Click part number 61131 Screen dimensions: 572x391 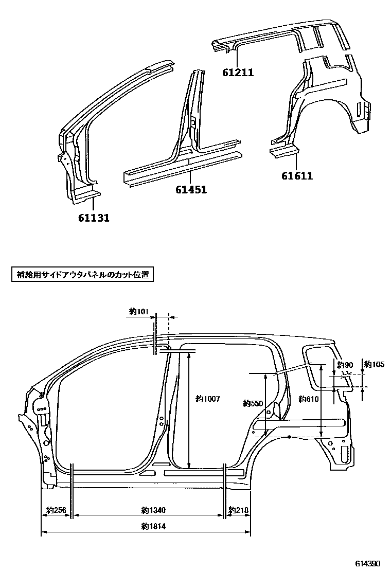tap(94, 218)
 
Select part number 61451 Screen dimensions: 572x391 tap(191, 190)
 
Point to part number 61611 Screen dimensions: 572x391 tap(297, 176)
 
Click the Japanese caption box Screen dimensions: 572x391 tap(82, 275)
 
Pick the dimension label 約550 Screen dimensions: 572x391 tap(253, 404)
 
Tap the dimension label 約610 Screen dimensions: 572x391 tap(309, 399)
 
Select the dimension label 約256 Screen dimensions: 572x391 tap(56, 511)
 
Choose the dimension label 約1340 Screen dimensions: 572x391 tap(153, 511)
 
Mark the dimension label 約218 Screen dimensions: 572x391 tap(239, 511)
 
